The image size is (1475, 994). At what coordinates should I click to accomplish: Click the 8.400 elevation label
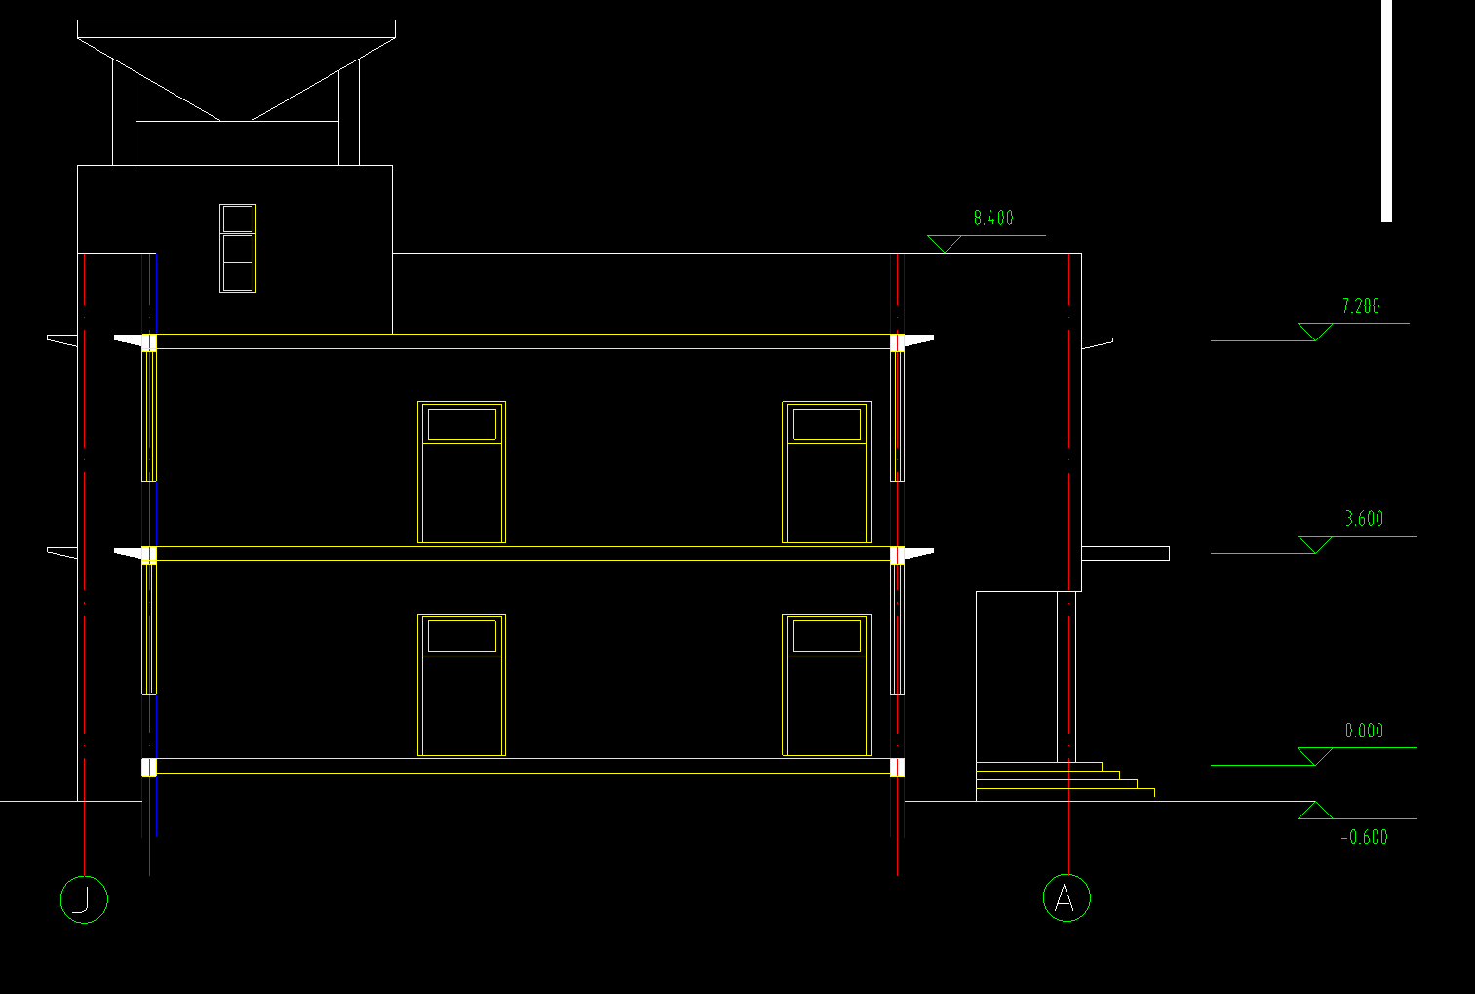click(x=993, y=219)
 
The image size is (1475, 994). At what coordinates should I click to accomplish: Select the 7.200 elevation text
click(x=1360, y=306)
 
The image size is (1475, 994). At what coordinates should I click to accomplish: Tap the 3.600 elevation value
click(x=1364, y=519)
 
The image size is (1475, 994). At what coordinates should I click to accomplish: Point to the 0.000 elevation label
click(x=1364, y=731)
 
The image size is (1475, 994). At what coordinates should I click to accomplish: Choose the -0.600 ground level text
click(x=1364, y=837)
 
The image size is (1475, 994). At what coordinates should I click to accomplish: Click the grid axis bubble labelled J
click(x=84, y=899)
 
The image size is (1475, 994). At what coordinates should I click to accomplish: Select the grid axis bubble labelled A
click(x=1067, y=897)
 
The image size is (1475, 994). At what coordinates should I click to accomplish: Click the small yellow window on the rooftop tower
click(x=238, y=249)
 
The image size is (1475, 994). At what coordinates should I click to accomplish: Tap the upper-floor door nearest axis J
click(x=461, y=472)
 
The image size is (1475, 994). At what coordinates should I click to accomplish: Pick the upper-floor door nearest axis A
click(x=827, y=472)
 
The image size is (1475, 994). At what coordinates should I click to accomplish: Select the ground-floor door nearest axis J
click(x=461, y=685)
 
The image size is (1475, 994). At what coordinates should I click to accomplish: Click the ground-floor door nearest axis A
click(x=827, y=685)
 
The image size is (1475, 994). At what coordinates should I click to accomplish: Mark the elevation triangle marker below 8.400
click(x=945, y=244)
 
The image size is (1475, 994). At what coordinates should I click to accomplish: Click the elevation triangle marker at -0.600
click(x=1315, y=811)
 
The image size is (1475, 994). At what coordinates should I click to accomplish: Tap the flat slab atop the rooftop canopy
click(x=236, y=29)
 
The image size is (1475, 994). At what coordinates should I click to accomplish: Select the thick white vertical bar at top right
click(x=1386, y=110)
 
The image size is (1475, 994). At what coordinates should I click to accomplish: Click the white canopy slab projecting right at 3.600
click(x=1125, y=554)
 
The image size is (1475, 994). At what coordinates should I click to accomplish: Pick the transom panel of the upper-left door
click(x=461, y=424)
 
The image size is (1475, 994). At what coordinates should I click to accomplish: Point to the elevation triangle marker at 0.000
click(x=1315, y=756)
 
